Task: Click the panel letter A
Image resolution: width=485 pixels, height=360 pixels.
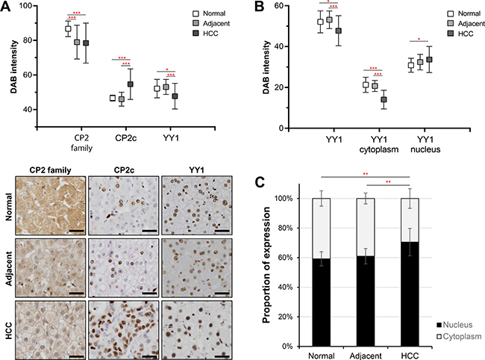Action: click(x=6, y=7)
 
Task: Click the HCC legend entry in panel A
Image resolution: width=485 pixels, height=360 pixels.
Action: click(x=205, y=33)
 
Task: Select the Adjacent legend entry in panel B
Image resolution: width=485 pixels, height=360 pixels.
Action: click(x=466, y=23)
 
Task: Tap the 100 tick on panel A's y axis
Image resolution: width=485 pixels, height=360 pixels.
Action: click(x=28, y=6)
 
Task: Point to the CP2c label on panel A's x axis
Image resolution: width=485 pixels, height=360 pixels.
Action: click(x=125, y=138)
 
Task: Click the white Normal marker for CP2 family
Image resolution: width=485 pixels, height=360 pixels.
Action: click(x=68, y=29)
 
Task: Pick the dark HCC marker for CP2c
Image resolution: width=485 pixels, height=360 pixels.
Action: click(x=131, y=84)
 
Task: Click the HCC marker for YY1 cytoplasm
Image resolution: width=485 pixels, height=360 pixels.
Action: click(x=384, y=99)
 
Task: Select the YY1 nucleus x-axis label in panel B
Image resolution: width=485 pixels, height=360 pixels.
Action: click(x=425, y=145)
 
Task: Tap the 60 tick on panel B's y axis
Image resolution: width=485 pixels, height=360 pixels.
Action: click(x=281, y=6)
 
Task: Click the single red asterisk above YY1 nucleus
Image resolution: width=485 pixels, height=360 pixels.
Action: click(x=419, y=40)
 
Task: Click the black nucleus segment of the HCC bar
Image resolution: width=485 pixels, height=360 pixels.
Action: click(x=410, y=294)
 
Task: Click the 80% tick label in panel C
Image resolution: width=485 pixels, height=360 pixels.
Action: click(x=284, y=228)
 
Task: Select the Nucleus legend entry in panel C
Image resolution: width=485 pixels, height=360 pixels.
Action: click(x=454, y=325)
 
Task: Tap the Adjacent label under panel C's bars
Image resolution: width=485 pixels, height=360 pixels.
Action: click(x=366, y=356)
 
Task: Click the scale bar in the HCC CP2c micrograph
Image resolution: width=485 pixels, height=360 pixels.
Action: click(x=150, y=356)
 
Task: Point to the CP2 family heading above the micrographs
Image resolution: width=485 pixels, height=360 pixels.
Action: click(x=51, y=170)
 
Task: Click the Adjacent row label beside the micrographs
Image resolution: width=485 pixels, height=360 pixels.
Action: click(x=9, y=268)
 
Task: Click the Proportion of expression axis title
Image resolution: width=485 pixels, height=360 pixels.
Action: click(x=266, y=265)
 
